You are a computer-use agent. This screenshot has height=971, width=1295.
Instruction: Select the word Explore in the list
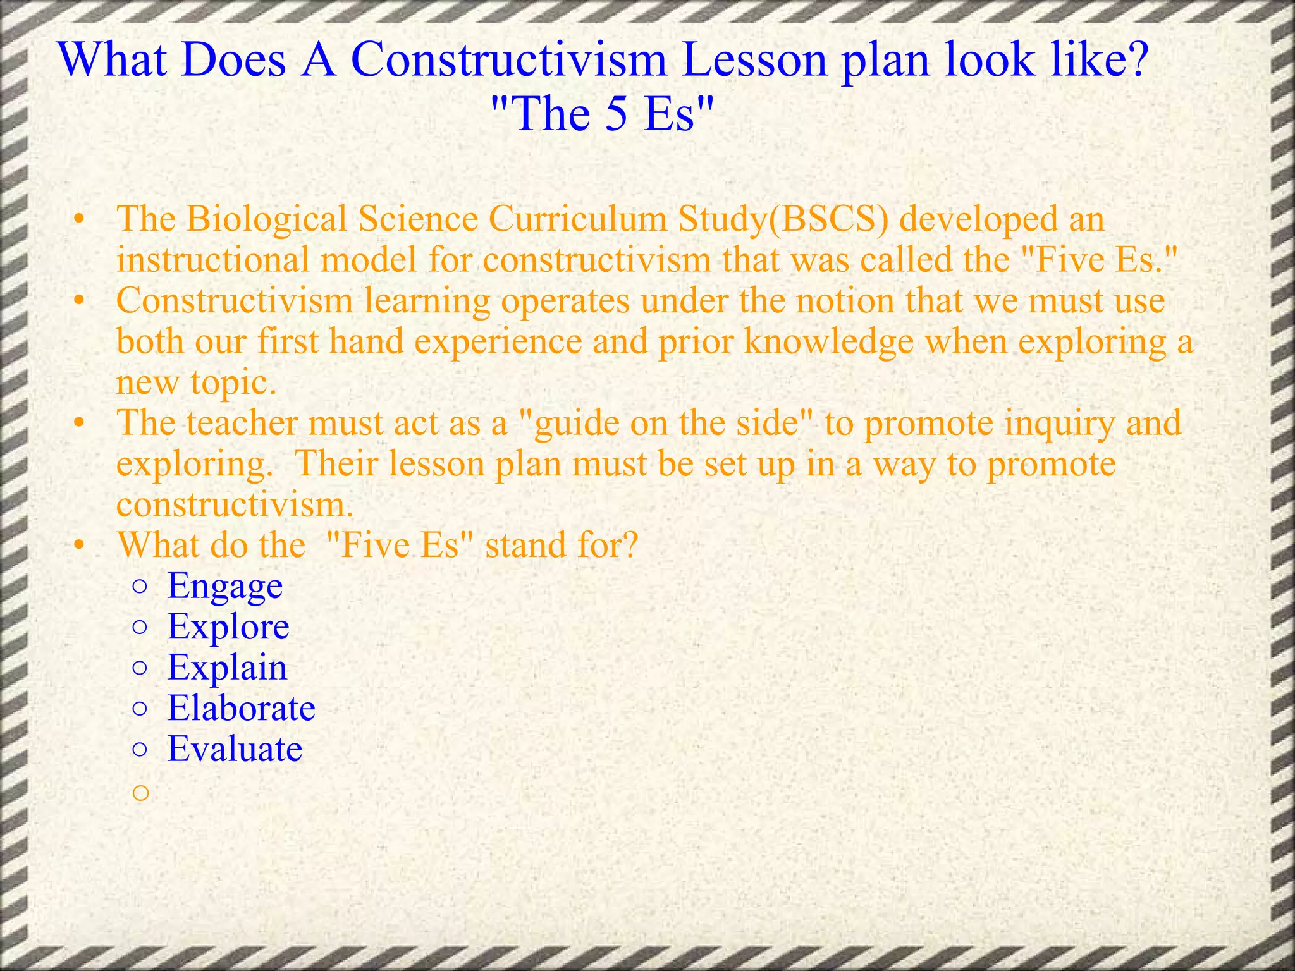tap(228, 627)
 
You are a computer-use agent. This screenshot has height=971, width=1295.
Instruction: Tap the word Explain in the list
tap(227, 668)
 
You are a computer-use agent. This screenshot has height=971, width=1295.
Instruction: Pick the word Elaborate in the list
tap(241, 708)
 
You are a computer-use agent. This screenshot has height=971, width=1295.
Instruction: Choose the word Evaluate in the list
tap(235, 749)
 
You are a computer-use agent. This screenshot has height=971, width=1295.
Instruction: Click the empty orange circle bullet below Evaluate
tap(140, 791)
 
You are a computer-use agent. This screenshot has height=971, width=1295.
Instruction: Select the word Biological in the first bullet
tap(266, 220)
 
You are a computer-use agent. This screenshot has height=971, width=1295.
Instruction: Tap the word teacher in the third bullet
tap(242, 423)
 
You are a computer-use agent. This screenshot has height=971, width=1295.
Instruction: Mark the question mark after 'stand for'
tap(629, 545)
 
